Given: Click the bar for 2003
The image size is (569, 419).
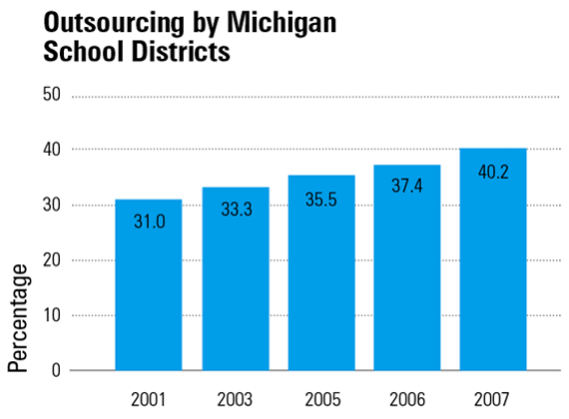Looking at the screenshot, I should point(235,289).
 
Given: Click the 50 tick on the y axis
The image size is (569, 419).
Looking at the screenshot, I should point(52,95).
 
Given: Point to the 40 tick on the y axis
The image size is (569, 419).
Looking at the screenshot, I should point(52,150).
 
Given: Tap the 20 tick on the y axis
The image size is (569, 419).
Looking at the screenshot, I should point(52,260).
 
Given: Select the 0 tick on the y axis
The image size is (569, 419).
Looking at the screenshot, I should point(56,370).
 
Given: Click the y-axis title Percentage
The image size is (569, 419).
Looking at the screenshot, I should point(18,317).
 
